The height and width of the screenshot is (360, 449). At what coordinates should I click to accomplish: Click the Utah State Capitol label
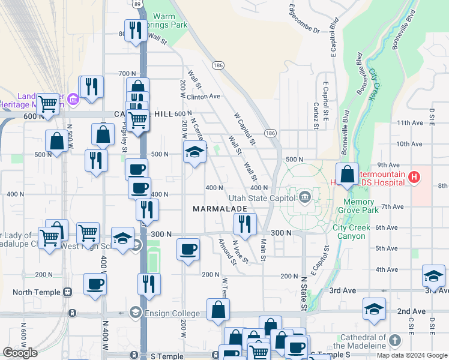262,197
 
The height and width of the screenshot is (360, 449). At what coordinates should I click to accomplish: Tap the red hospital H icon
413,177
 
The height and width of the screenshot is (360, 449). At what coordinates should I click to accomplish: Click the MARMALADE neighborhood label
220,209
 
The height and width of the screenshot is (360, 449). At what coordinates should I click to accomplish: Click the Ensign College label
173,313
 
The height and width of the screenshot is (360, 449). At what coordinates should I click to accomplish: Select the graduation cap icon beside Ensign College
136,313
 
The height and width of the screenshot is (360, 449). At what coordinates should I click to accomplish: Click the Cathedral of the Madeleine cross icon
394,341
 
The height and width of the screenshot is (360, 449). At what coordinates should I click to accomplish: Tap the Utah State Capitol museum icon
305,196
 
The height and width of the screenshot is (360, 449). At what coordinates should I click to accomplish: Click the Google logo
20,353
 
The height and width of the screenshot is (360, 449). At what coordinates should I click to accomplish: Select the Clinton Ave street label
203,96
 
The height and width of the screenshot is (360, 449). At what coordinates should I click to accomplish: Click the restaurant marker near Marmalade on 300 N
245,225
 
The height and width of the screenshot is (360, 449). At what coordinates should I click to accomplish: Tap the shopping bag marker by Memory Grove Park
347,175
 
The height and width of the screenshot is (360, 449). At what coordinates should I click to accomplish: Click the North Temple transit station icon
67,292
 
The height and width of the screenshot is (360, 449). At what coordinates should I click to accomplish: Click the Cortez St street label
315,115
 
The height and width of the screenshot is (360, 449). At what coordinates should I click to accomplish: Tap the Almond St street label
226,251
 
